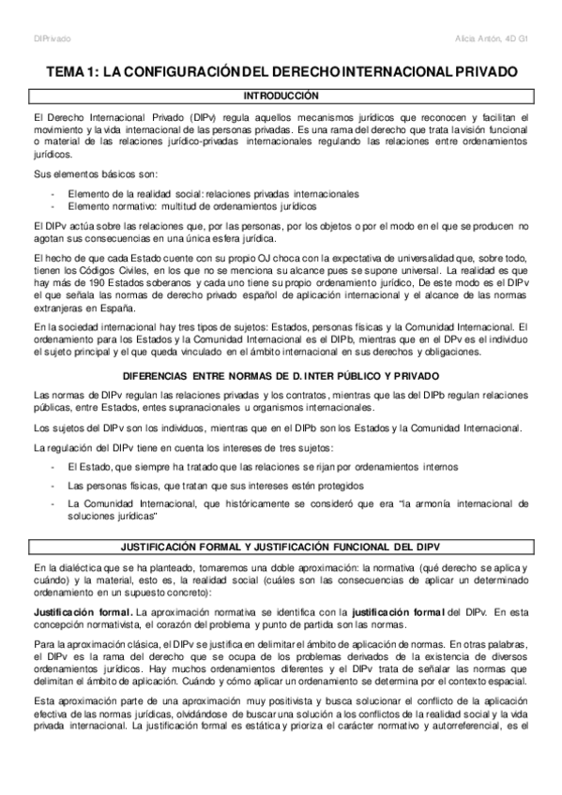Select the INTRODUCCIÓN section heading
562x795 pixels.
coord(281,96)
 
